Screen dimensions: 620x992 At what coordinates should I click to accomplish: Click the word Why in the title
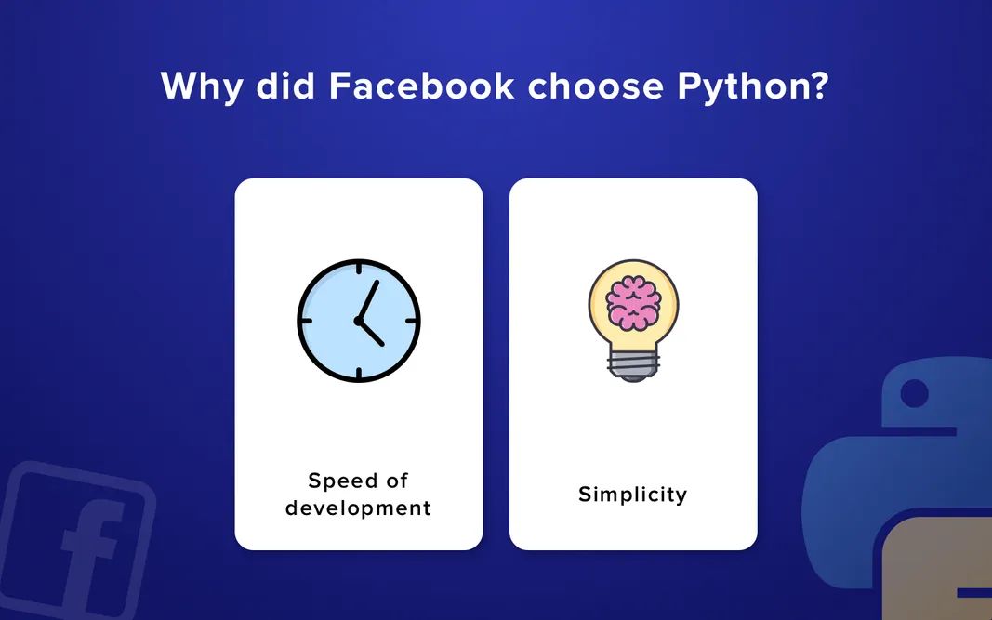(x=199, y=86)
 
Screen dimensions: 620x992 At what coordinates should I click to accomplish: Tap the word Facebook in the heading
(x=421, y=86)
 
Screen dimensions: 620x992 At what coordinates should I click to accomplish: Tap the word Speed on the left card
(x=338, y=481)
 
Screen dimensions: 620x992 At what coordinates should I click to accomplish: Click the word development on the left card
(x=358, y=508)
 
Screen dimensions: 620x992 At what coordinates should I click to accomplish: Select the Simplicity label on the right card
(x=632, y=494)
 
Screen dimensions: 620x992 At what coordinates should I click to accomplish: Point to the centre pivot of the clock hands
(x=359, y=321)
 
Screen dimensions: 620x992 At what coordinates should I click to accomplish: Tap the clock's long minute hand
(x=369, y=299)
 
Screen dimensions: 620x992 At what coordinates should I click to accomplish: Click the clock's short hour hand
(x=373, y=334)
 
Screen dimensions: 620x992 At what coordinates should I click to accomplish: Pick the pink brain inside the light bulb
(x=633, y=301)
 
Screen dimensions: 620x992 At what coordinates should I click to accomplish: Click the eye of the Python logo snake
(x=914, y=394)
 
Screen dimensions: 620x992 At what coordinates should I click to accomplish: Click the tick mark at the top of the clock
(x=359, y=269)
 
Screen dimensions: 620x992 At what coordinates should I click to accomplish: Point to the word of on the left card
(x=398, y=481)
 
